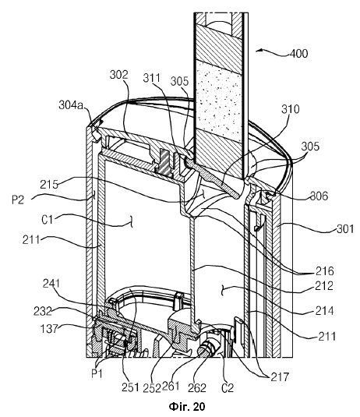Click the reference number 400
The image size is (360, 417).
(298, 54)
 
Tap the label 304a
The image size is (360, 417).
(71, 105)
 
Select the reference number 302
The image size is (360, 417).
(119, 75)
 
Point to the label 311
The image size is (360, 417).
(151, 78)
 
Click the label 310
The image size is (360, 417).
(291, 109)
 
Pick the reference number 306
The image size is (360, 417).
(319, 196)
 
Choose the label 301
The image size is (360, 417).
(345, 228)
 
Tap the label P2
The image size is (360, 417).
(18, 200)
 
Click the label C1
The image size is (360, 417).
(47, 220)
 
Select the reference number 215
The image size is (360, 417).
(49, 185)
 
